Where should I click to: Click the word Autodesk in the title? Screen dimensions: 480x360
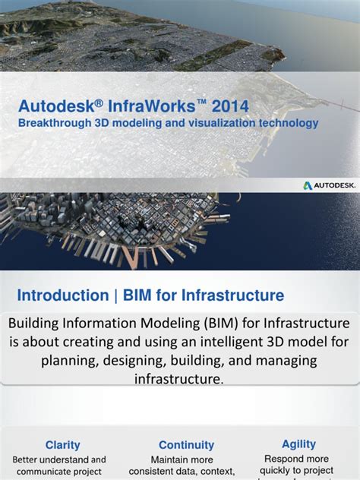click(x=51, y=106)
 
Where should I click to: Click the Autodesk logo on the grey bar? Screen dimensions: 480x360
click(x=328, y=185)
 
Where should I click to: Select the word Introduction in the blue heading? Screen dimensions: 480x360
click(x=63, y=295)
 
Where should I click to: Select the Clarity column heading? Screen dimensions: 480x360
click(x=62, y=445)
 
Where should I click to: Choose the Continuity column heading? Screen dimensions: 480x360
click(x=187, y=445)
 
